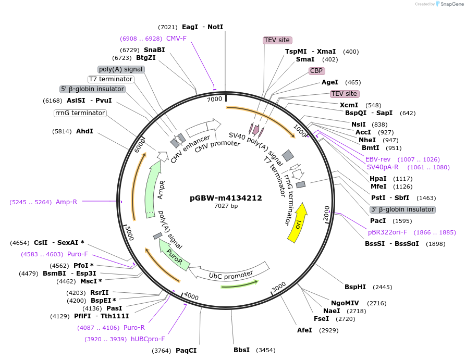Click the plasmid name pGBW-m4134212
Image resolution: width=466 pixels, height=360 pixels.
pos(226,198)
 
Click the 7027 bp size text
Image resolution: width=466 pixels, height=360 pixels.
pos(226,206)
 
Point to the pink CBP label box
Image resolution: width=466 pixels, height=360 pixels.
pos(316,71)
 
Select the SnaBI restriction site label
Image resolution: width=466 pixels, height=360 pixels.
pos(154,49)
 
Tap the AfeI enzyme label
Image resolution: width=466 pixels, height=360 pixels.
pos(304,330)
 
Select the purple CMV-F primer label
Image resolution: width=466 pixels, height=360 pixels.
pos(176,38)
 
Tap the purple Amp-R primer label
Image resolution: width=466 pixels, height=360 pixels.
pos(66,202)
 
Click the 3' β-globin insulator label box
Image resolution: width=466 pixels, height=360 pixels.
pos(402,209)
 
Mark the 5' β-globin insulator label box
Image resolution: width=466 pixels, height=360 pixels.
pos(93,89)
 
